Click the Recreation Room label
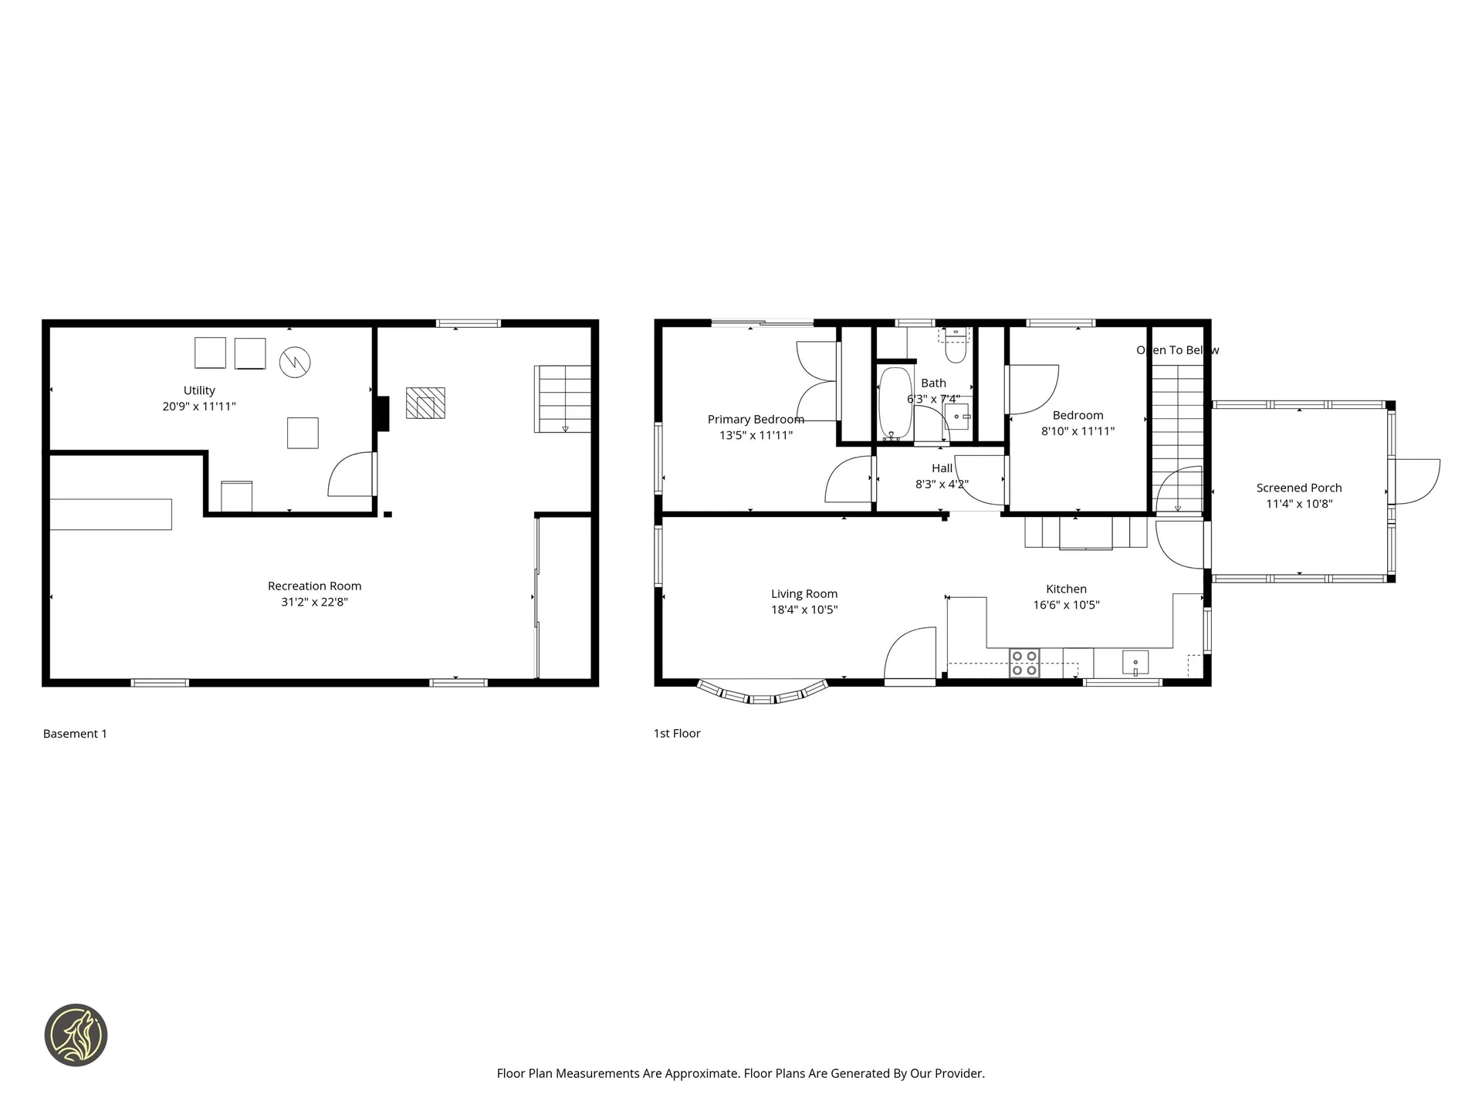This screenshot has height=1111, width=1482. coord(314,586)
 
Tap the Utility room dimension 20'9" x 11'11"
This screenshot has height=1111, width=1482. coord(199,407)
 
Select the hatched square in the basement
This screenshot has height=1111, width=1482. coord(425,403)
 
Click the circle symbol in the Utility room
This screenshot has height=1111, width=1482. coord(295,362)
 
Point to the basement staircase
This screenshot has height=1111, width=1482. coord(563,399)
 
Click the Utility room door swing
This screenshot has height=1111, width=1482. coord(351,475)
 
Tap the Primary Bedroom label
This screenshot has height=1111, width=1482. coord(756,419)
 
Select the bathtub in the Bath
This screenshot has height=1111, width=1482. coord(895,403)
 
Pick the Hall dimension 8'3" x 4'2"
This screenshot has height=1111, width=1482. coord(942,485)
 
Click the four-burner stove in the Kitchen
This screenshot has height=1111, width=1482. coord(1024,664)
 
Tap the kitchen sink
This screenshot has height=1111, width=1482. coord(1135,663)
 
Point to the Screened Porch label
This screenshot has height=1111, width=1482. coord(1298,488)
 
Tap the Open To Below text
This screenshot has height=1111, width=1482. coord(1177,350)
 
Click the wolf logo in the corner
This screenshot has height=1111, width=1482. coord(76,1035)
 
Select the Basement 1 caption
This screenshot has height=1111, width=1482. coord(75,734)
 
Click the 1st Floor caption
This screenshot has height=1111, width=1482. coord(676,734)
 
